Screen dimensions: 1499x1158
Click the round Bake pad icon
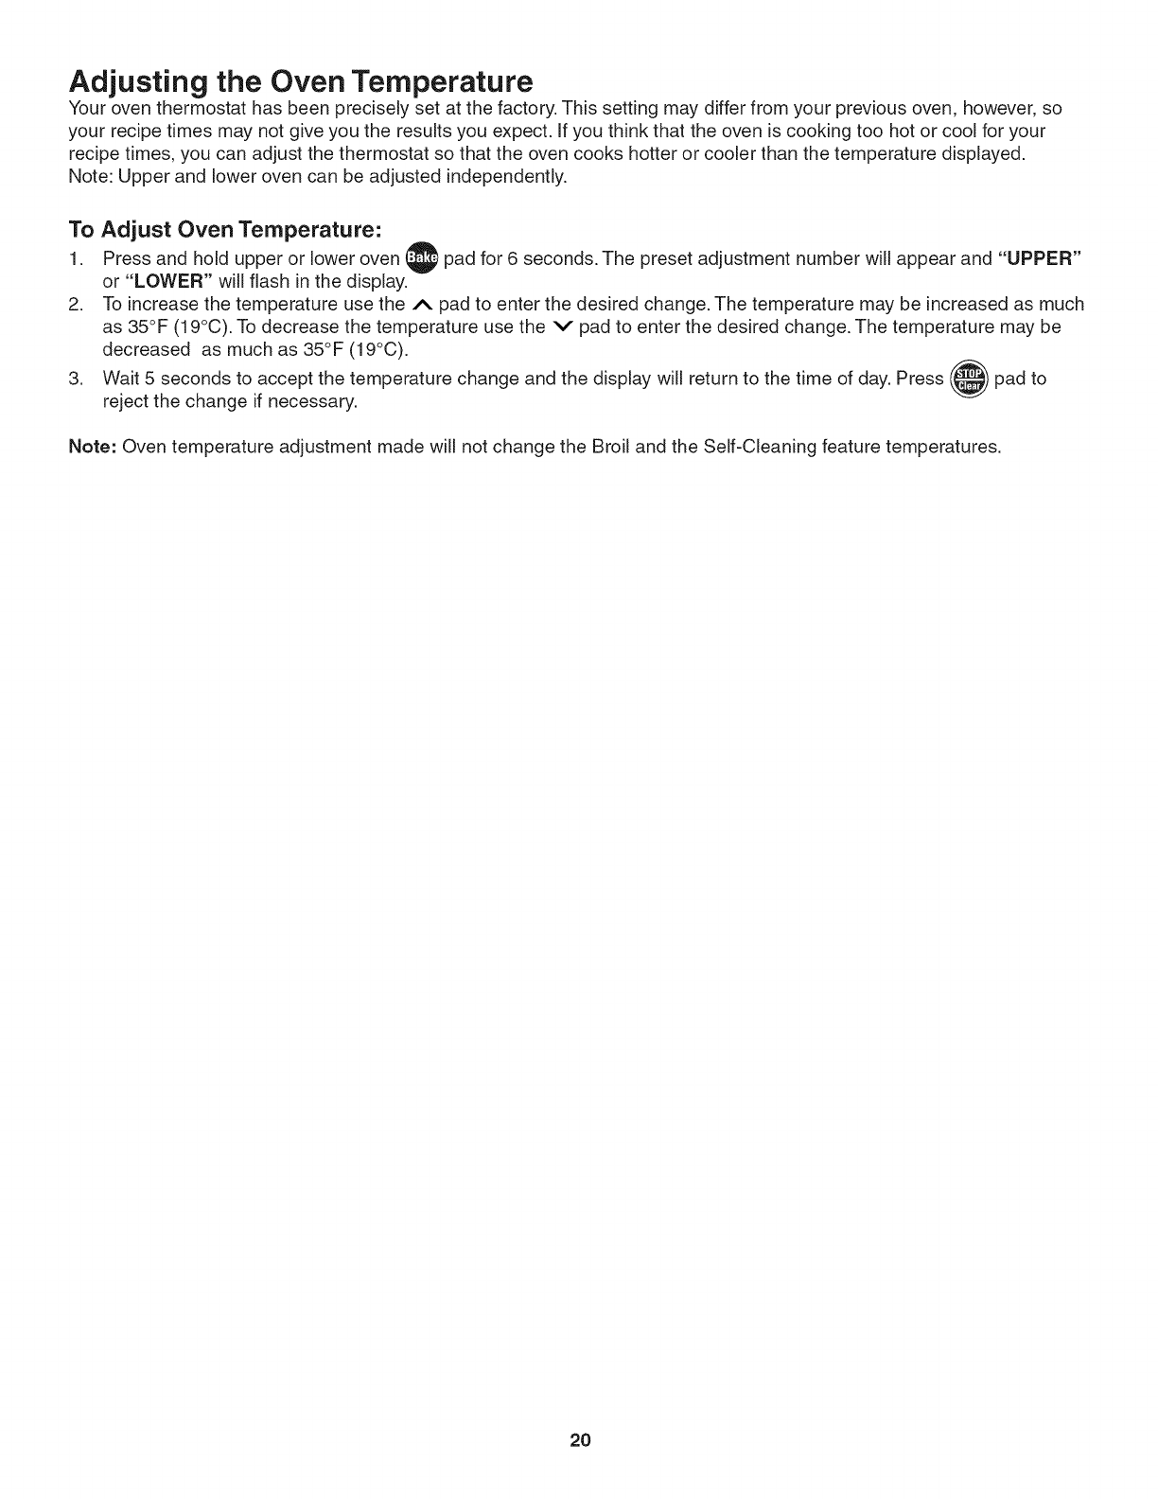(421, 258)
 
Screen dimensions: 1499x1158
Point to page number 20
(580, 1441)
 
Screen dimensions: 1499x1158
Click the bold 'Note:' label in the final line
(93, 447)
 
